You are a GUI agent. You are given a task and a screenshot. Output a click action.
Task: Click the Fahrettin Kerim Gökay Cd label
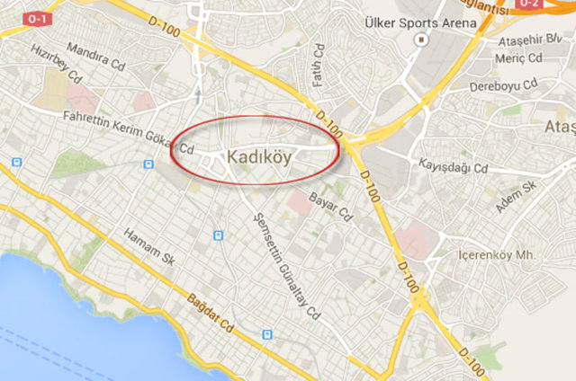(x=129, y=132)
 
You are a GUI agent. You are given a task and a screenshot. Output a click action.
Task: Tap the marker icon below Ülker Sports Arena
(x=419, y=40)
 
